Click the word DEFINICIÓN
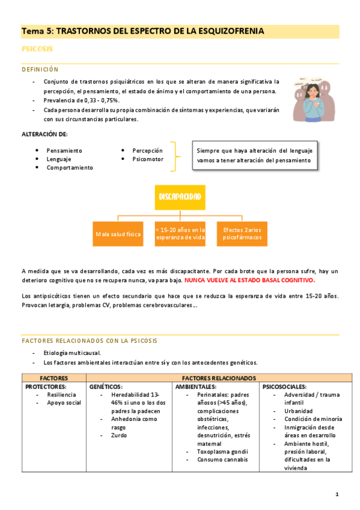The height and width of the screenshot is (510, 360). click(40, 70)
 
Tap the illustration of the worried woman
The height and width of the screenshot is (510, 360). click(313, 99)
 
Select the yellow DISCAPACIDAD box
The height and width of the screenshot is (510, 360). click(180, 197)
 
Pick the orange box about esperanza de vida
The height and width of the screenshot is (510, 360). click(180, 234)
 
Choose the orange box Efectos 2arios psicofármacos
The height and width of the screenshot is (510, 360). click(242, 234)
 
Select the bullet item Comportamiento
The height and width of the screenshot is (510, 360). click(70, 168)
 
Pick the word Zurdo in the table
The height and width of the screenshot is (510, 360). click(119, 435)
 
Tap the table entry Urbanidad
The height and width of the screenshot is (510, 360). click(288, 411)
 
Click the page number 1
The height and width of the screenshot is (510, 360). click(337, 494)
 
